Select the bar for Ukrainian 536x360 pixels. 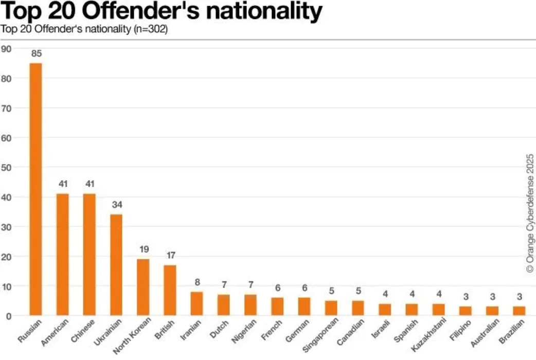[x=116, y=265]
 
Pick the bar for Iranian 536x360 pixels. [x=196, y=303]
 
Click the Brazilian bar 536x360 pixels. [x=519, y=311]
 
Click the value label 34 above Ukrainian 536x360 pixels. [x=116, y=204]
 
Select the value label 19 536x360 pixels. [x=144, y=249]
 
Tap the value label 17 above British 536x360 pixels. [x=170, y=255]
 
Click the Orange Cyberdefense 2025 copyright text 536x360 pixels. [x=529, y=216]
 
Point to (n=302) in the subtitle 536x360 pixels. [x=150, y=29]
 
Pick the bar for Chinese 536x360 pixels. [x=90, y=255]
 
